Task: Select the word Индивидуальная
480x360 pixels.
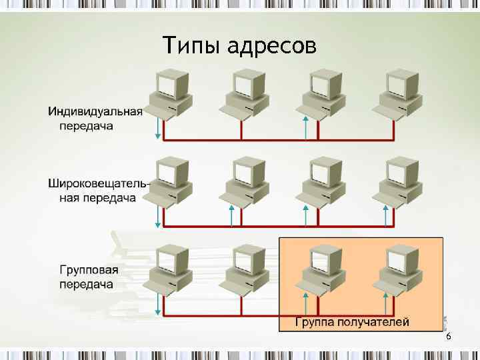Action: pyautogui.click(x=95, y=111)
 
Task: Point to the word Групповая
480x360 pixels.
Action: pyautogui.click(x=89, y=270)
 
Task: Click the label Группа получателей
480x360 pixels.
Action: pyautogui.click(x=352, y=322)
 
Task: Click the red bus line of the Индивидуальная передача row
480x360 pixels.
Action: pyautogui.click(x=273, y=140)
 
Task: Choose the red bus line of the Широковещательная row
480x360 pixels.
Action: pyautogui.click(x=273, y=227)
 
